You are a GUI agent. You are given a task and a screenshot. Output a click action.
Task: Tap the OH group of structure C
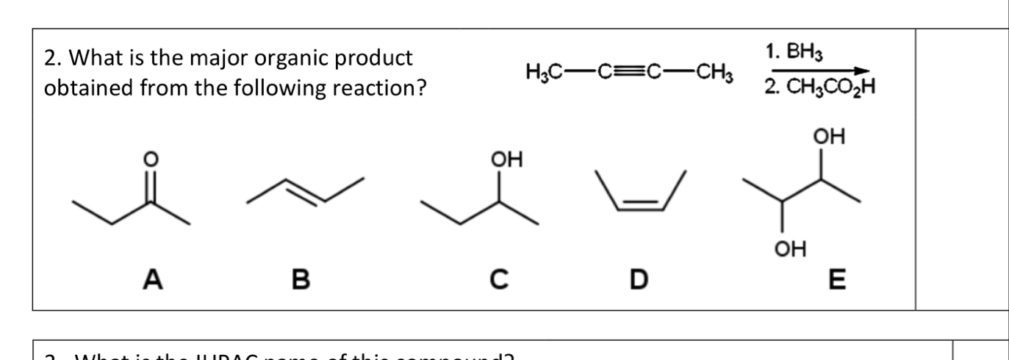pyautogui.click(x=505, y=159)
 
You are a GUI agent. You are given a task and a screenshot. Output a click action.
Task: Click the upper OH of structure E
pyautogui.click(x=830, y=137)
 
